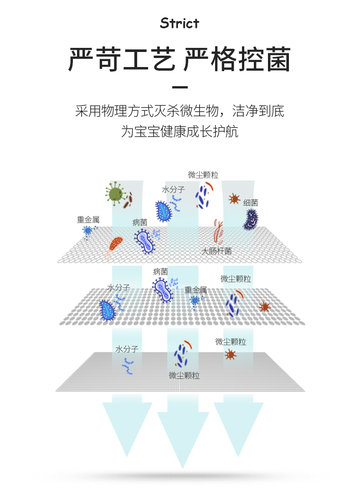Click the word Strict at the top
(180, 23)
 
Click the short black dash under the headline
(180, 87)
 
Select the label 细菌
(251, 203)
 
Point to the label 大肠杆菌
(217, 251)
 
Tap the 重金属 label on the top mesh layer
(88, 220)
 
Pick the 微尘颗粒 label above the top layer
(203, 175)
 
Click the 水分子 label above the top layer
(173, 189)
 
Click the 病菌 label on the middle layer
(160, 272)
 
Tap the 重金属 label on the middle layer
(196, 290)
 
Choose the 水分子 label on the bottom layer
(127, 349)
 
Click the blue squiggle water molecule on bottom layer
(128, 366)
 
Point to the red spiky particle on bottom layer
(231, 354)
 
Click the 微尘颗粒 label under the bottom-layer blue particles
(184, 376)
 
